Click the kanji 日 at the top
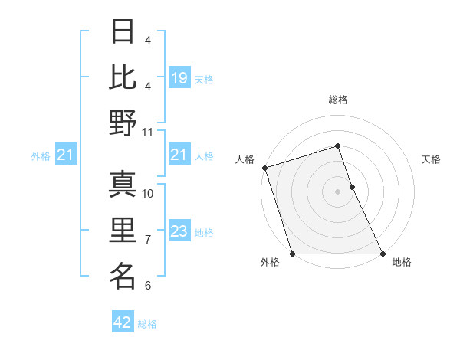point(123,33)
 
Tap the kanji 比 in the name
point(123,77)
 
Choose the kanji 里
point(123,230)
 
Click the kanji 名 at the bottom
point(123,275)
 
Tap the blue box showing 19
point(179,77)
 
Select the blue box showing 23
point(179,231)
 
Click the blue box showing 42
point(123,322)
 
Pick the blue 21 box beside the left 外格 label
point(66,155)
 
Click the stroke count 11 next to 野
point(148,132)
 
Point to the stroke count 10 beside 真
point(148,194)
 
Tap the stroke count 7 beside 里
point(148,240)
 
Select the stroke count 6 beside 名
point(148,286)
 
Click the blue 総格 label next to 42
point(148,324)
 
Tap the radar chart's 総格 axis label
point(338,100)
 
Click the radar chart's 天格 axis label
point(431,159)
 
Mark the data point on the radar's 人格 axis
point(264,168)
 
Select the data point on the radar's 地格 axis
point(383,254)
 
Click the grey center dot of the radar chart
point(338,191)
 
